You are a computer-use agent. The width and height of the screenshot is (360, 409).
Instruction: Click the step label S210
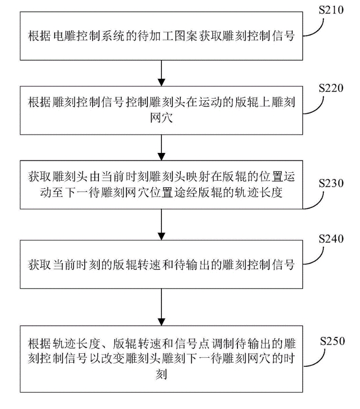pyautogui.click(x=331, y=10)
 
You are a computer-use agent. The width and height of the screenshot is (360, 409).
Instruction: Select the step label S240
pyautogui.click(x=331, y=239)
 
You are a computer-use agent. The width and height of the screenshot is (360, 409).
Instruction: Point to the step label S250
pyautogui.click(x=331, y=341)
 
